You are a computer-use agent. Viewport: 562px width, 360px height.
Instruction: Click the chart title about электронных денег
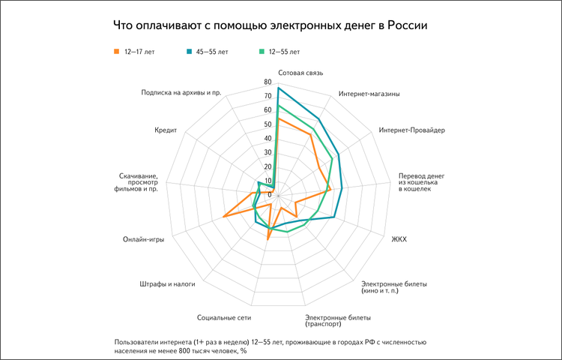[270, 25]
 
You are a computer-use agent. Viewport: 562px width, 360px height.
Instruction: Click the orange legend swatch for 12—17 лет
[117, 52]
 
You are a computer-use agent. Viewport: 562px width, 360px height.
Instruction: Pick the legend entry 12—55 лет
[283, 52]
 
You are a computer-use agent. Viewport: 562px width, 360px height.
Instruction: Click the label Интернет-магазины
[369, 94]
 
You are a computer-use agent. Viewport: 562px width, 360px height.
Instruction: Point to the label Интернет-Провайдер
[412, 130]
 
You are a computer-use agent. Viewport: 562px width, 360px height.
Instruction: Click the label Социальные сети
[219, 316]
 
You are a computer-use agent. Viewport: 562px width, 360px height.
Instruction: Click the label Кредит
[165, 130]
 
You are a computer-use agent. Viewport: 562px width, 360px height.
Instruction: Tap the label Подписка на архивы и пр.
[181, 94]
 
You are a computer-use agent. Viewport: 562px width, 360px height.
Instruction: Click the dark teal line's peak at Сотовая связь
[278, 88]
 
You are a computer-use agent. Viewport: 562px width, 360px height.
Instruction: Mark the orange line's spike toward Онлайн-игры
[224, 217]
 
